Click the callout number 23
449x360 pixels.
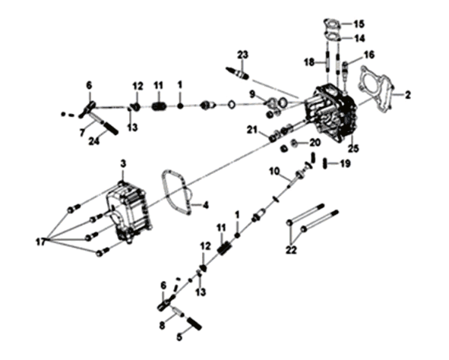click(242, 55)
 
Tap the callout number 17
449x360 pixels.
click(41, 242)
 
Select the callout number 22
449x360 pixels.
click(291, 250)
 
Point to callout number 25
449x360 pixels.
click(353, 148)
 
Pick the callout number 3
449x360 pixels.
click(123, 164)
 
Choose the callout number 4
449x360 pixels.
click(205, 205)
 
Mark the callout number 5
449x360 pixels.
click(179, 337)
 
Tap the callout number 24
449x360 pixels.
click(93, 141)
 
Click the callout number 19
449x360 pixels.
click(345, 164)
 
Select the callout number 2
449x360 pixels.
click(407, 95)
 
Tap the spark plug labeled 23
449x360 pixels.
click(238, 73)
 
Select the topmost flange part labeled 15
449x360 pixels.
click(332, 24)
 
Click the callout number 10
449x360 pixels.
click(274, 172)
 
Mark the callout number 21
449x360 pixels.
click(252, 130)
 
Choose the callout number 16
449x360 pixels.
click(369, 55)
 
